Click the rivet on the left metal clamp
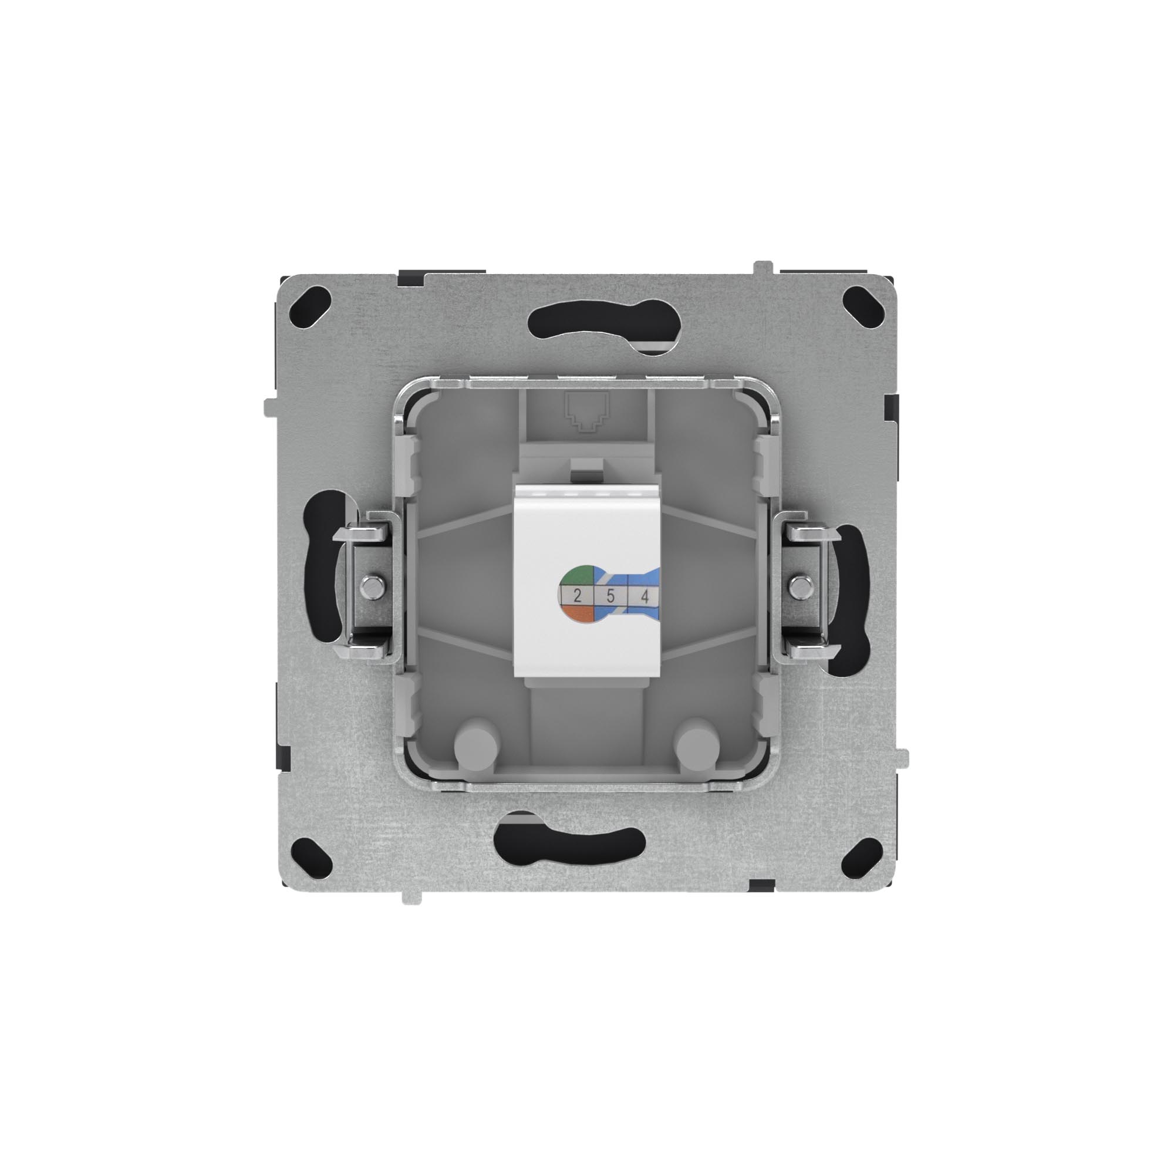(x=372, y=586)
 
